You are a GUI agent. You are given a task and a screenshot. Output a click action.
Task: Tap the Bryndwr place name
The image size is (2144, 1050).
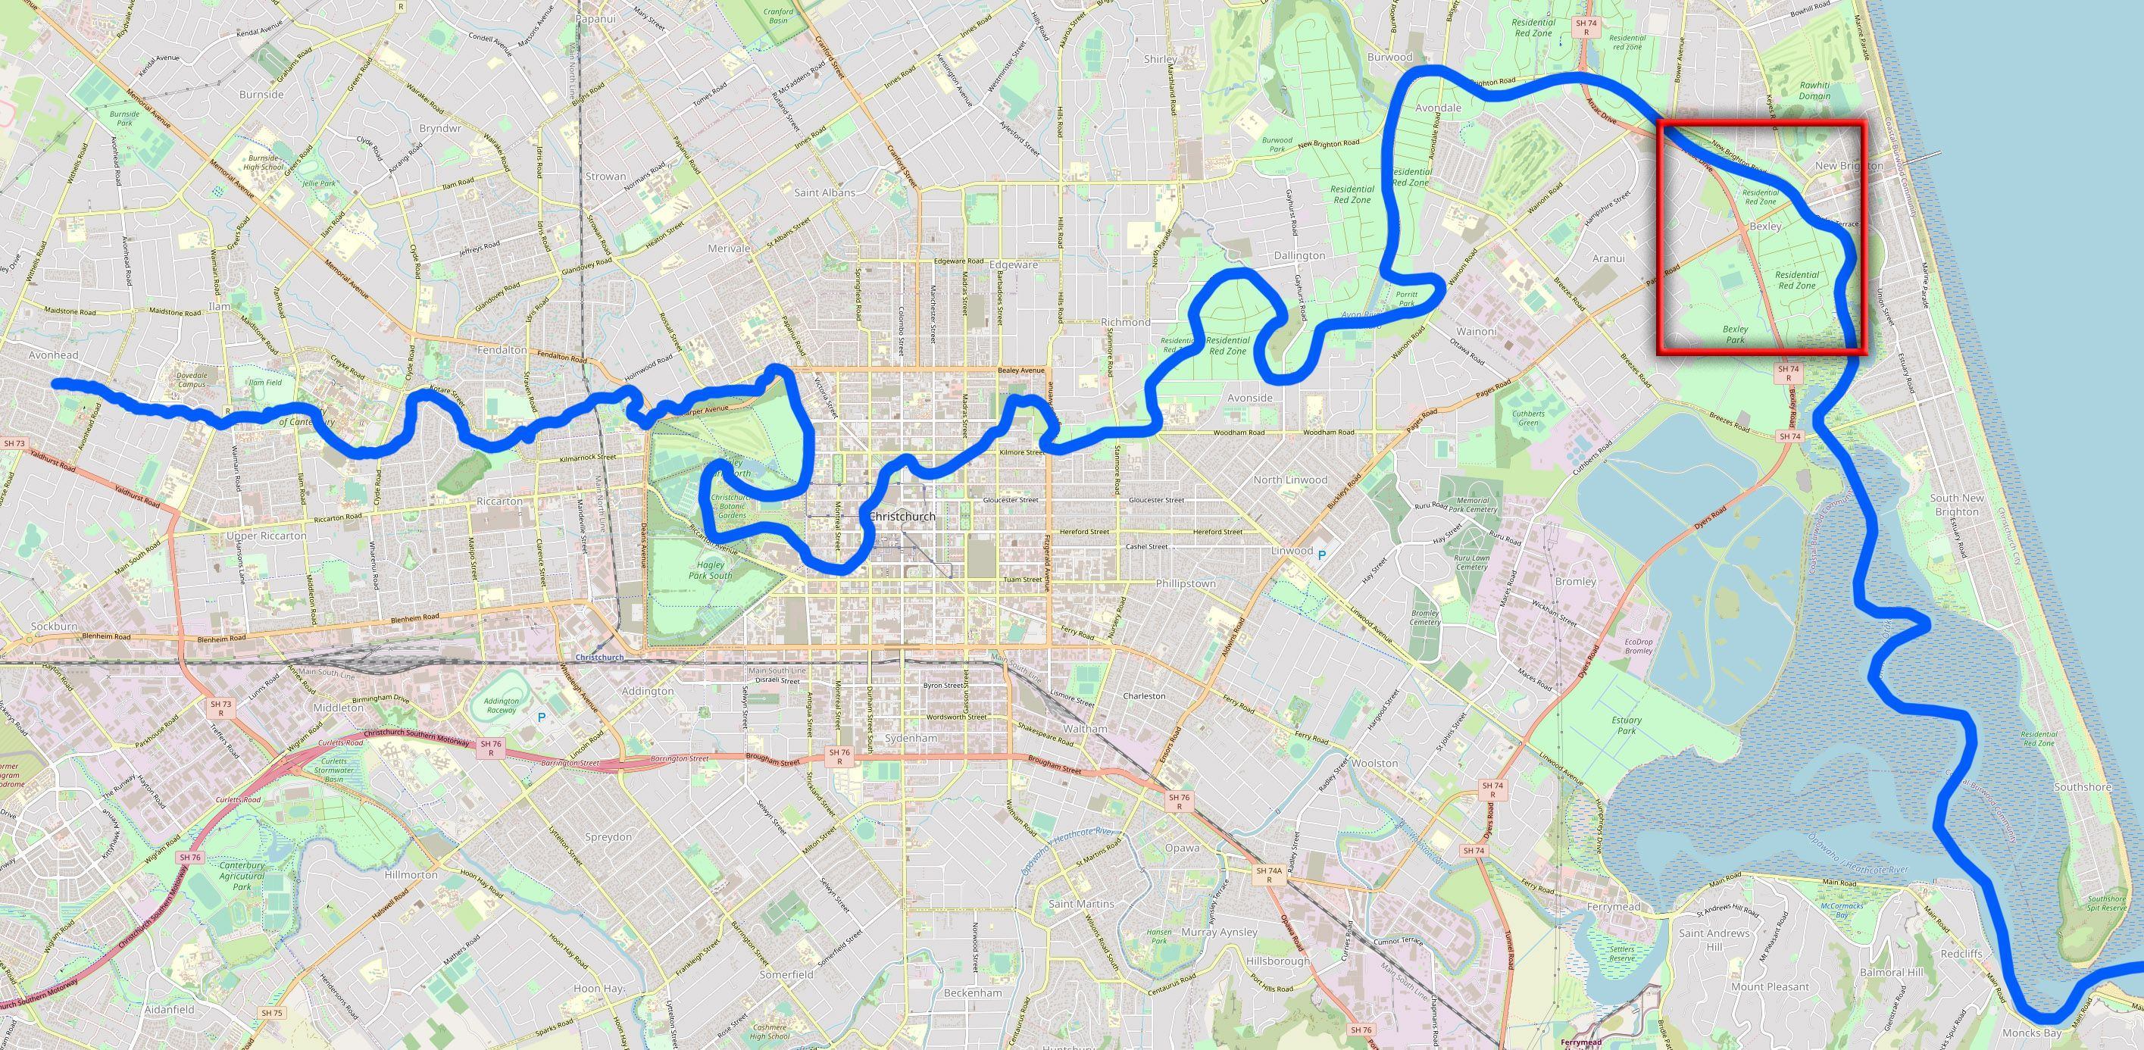point(440,129)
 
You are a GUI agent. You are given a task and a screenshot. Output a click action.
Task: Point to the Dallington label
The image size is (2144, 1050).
point(1299,255)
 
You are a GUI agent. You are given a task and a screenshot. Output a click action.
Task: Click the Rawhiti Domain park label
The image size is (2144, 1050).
point(1814,90)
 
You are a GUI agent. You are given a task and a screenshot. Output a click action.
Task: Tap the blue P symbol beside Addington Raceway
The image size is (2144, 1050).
point(542,717)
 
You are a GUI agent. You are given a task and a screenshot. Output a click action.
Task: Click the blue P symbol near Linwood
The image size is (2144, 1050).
point(1320,553)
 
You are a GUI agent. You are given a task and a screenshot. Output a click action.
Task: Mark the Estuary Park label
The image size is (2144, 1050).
point(1627,725)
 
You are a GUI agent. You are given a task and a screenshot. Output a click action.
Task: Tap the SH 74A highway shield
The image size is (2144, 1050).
point(1269,874)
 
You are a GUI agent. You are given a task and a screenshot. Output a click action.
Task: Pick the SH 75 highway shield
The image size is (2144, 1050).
point(271,1013)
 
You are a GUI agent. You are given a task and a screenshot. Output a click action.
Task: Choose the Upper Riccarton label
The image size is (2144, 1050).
point(267,536)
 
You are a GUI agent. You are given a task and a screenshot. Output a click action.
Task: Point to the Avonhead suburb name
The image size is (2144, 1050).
point(53,355)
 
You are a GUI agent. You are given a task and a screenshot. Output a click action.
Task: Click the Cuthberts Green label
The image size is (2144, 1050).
point(1529,417)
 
